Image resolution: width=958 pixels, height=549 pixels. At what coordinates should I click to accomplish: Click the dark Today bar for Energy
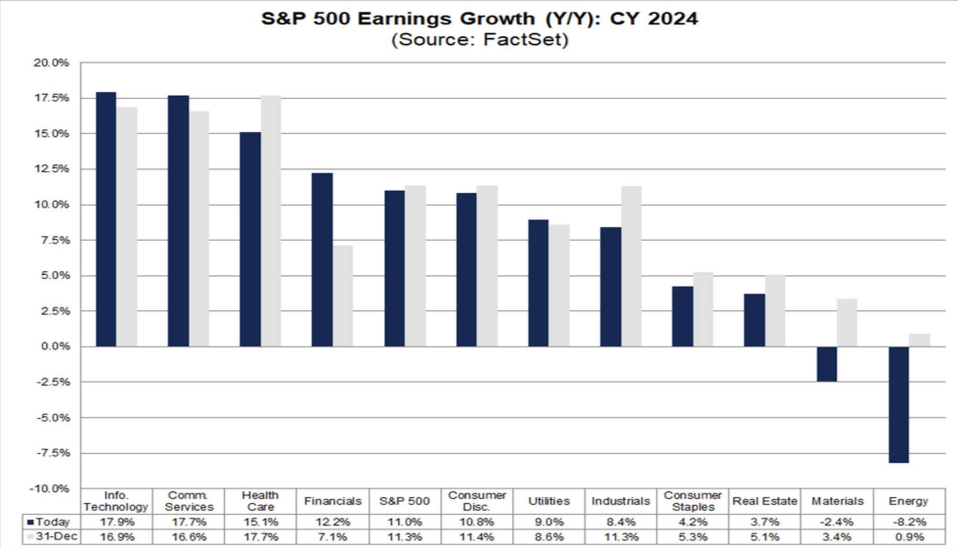[x=898, y=404]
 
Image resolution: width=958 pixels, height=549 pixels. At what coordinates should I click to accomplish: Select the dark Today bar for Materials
[x=826, y=364]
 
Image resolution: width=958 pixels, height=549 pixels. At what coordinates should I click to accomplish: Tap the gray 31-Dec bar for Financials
[x=343, y=296]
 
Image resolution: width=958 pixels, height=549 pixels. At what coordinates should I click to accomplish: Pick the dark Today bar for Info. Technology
[x=106, y=219]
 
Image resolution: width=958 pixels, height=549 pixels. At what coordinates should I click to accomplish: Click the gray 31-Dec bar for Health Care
[x=272, y=221]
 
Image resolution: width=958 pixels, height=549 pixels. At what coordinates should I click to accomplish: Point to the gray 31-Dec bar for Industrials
[x=631, y=266]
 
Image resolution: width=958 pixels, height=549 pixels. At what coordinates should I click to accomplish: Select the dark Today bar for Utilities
[x=539, y=283]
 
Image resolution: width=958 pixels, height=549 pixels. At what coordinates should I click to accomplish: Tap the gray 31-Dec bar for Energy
[x=919, y=340]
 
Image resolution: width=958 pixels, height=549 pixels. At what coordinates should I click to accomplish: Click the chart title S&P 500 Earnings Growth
[x=479, y=19]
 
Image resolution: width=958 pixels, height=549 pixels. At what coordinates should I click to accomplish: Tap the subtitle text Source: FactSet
[x=479, y=40]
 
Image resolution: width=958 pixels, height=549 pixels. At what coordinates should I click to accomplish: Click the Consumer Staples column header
[x=692, y=501]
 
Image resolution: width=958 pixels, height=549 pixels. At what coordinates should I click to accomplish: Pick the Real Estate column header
[x=763, y=501]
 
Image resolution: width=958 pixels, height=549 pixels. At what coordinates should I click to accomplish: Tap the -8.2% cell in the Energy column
[x=908, y=522]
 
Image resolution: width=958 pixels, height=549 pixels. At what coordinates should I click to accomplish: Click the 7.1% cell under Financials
[x=333, y=536]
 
